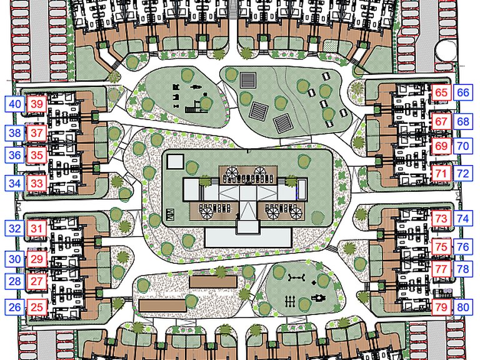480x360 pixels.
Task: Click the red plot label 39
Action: point(37,104)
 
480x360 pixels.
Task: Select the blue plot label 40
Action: point(15,104)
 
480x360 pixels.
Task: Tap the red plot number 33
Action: point(37,183)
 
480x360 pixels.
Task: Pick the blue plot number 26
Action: point(14,307)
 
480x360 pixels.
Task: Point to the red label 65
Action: point(441,92)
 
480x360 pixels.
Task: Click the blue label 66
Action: point(463,92)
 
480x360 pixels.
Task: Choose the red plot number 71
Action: point(441,174)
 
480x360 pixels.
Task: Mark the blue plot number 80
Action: point(463,307)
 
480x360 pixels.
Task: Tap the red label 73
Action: point(441,219)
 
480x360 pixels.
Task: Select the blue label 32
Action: point(15,228)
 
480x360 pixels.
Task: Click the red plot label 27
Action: point(37,281)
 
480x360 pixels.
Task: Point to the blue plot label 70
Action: point(463,146)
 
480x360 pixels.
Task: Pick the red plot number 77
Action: point(441,269)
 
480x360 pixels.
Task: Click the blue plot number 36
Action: point(15,155)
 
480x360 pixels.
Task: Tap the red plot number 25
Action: point(37,307)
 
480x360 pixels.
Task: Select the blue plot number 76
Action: point(463,247)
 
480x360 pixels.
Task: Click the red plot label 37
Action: point(37,133)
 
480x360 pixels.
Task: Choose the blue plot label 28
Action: point(15,281)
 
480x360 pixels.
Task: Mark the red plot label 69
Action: point(441,146)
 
